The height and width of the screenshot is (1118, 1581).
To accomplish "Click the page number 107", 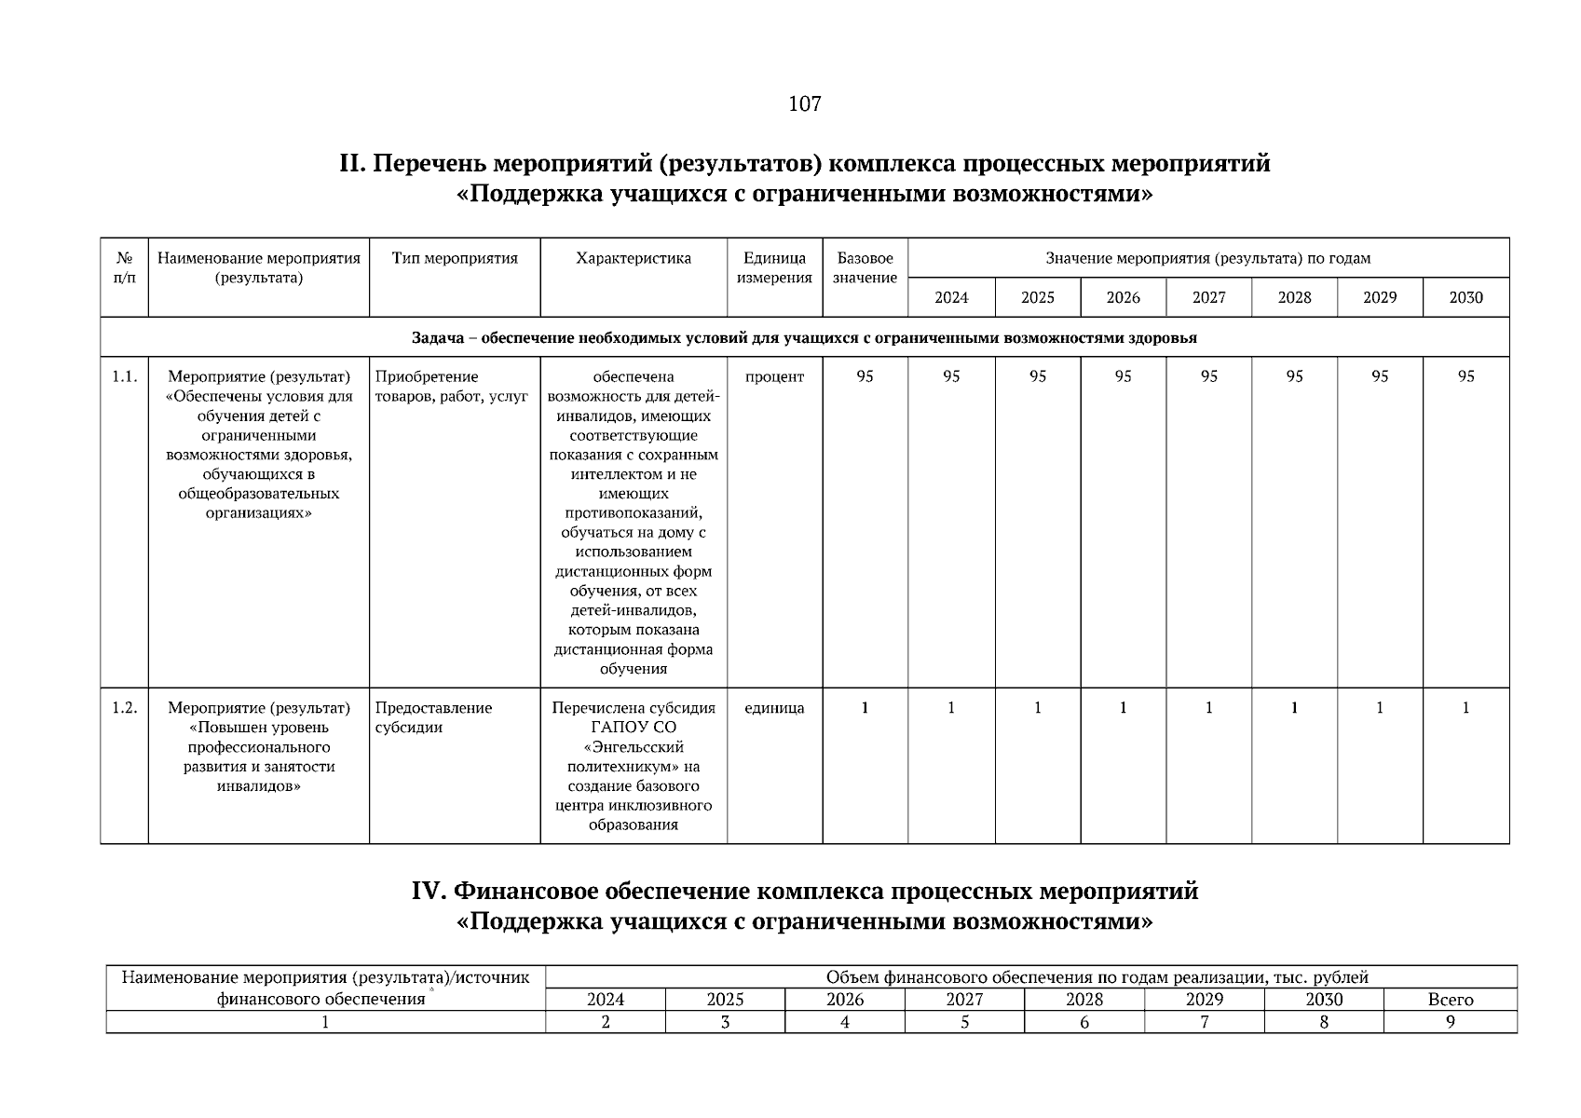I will (804, 103).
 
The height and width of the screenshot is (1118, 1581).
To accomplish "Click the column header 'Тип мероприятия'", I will (455, 258).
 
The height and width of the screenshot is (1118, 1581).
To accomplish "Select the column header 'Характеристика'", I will (634, 258).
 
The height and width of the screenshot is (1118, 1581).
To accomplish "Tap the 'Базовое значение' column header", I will (865, 267).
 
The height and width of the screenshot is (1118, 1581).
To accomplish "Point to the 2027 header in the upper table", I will (1208, 297).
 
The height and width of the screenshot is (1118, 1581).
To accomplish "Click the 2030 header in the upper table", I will (1465, 297).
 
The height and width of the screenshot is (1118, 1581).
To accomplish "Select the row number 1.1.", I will (124, 376).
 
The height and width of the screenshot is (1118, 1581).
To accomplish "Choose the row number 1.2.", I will (124, 708).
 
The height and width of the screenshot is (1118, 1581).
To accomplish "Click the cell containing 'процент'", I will (774, 376).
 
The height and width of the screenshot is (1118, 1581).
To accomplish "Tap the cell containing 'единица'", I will (774, 708).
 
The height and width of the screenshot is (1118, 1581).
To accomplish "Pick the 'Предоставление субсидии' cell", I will (434, 717).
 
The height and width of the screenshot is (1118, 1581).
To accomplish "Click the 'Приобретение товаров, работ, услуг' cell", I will (452, 387).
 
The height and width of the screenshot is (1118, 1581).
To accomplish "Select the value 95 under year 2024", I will (951, 376).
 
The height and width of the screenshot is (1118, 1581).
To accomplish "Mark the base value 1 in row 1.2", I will (865, 708).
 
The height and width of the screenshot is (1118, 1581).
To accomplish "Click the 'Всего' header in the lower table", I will (1450, 1000).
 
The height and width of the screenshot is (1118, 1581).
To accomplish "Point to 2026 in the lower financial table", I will (844, 1000).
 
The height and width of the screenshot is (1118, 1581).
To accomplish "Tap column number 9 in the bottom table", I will (1450, 1022).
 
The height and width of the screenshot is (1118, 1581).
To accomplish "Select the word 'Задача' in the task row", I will (438, 337).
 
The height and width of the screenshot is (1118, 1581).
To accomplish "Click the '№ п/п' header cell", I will (124, 267).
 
